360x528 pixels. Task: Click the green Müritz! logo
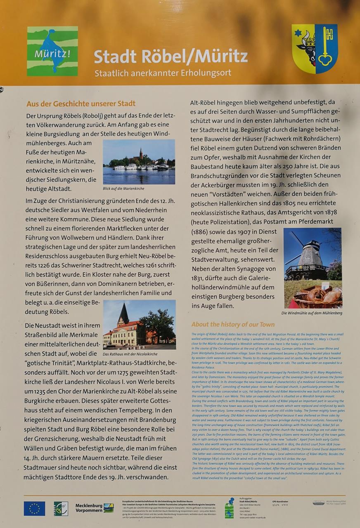click(52, 51)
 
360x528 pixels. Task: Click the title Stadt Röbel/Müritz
click(171, 57)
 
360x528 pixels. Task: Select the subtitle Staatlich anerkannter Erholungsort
click(163, 73)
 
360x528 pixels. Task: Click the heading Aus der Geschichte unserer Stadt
click(81, 104)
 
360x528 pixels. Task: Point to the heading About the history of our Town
click(233, 324)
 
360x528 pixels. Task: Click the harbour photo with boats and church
click(139, 162)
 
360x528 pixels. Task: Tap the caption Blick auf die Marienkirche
click(123, 189)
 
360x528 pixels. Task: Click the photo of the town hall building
click(139, 324)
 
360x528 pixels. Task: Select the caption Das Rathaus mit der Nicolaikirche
click(130, 354)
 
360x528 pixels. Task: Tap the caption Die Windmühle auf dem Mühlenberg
click(312, 313)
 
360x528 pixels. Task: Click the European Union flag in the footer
click(34, 508)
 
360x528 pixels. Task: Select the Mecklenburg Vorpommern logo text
click(89, 508)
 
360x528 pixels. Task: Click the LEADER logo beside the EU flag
click(61, 508)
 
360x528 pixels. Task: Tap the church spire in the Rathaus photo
click(123, 313)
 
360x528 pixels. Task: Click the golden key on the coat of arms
click(327, 46)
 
